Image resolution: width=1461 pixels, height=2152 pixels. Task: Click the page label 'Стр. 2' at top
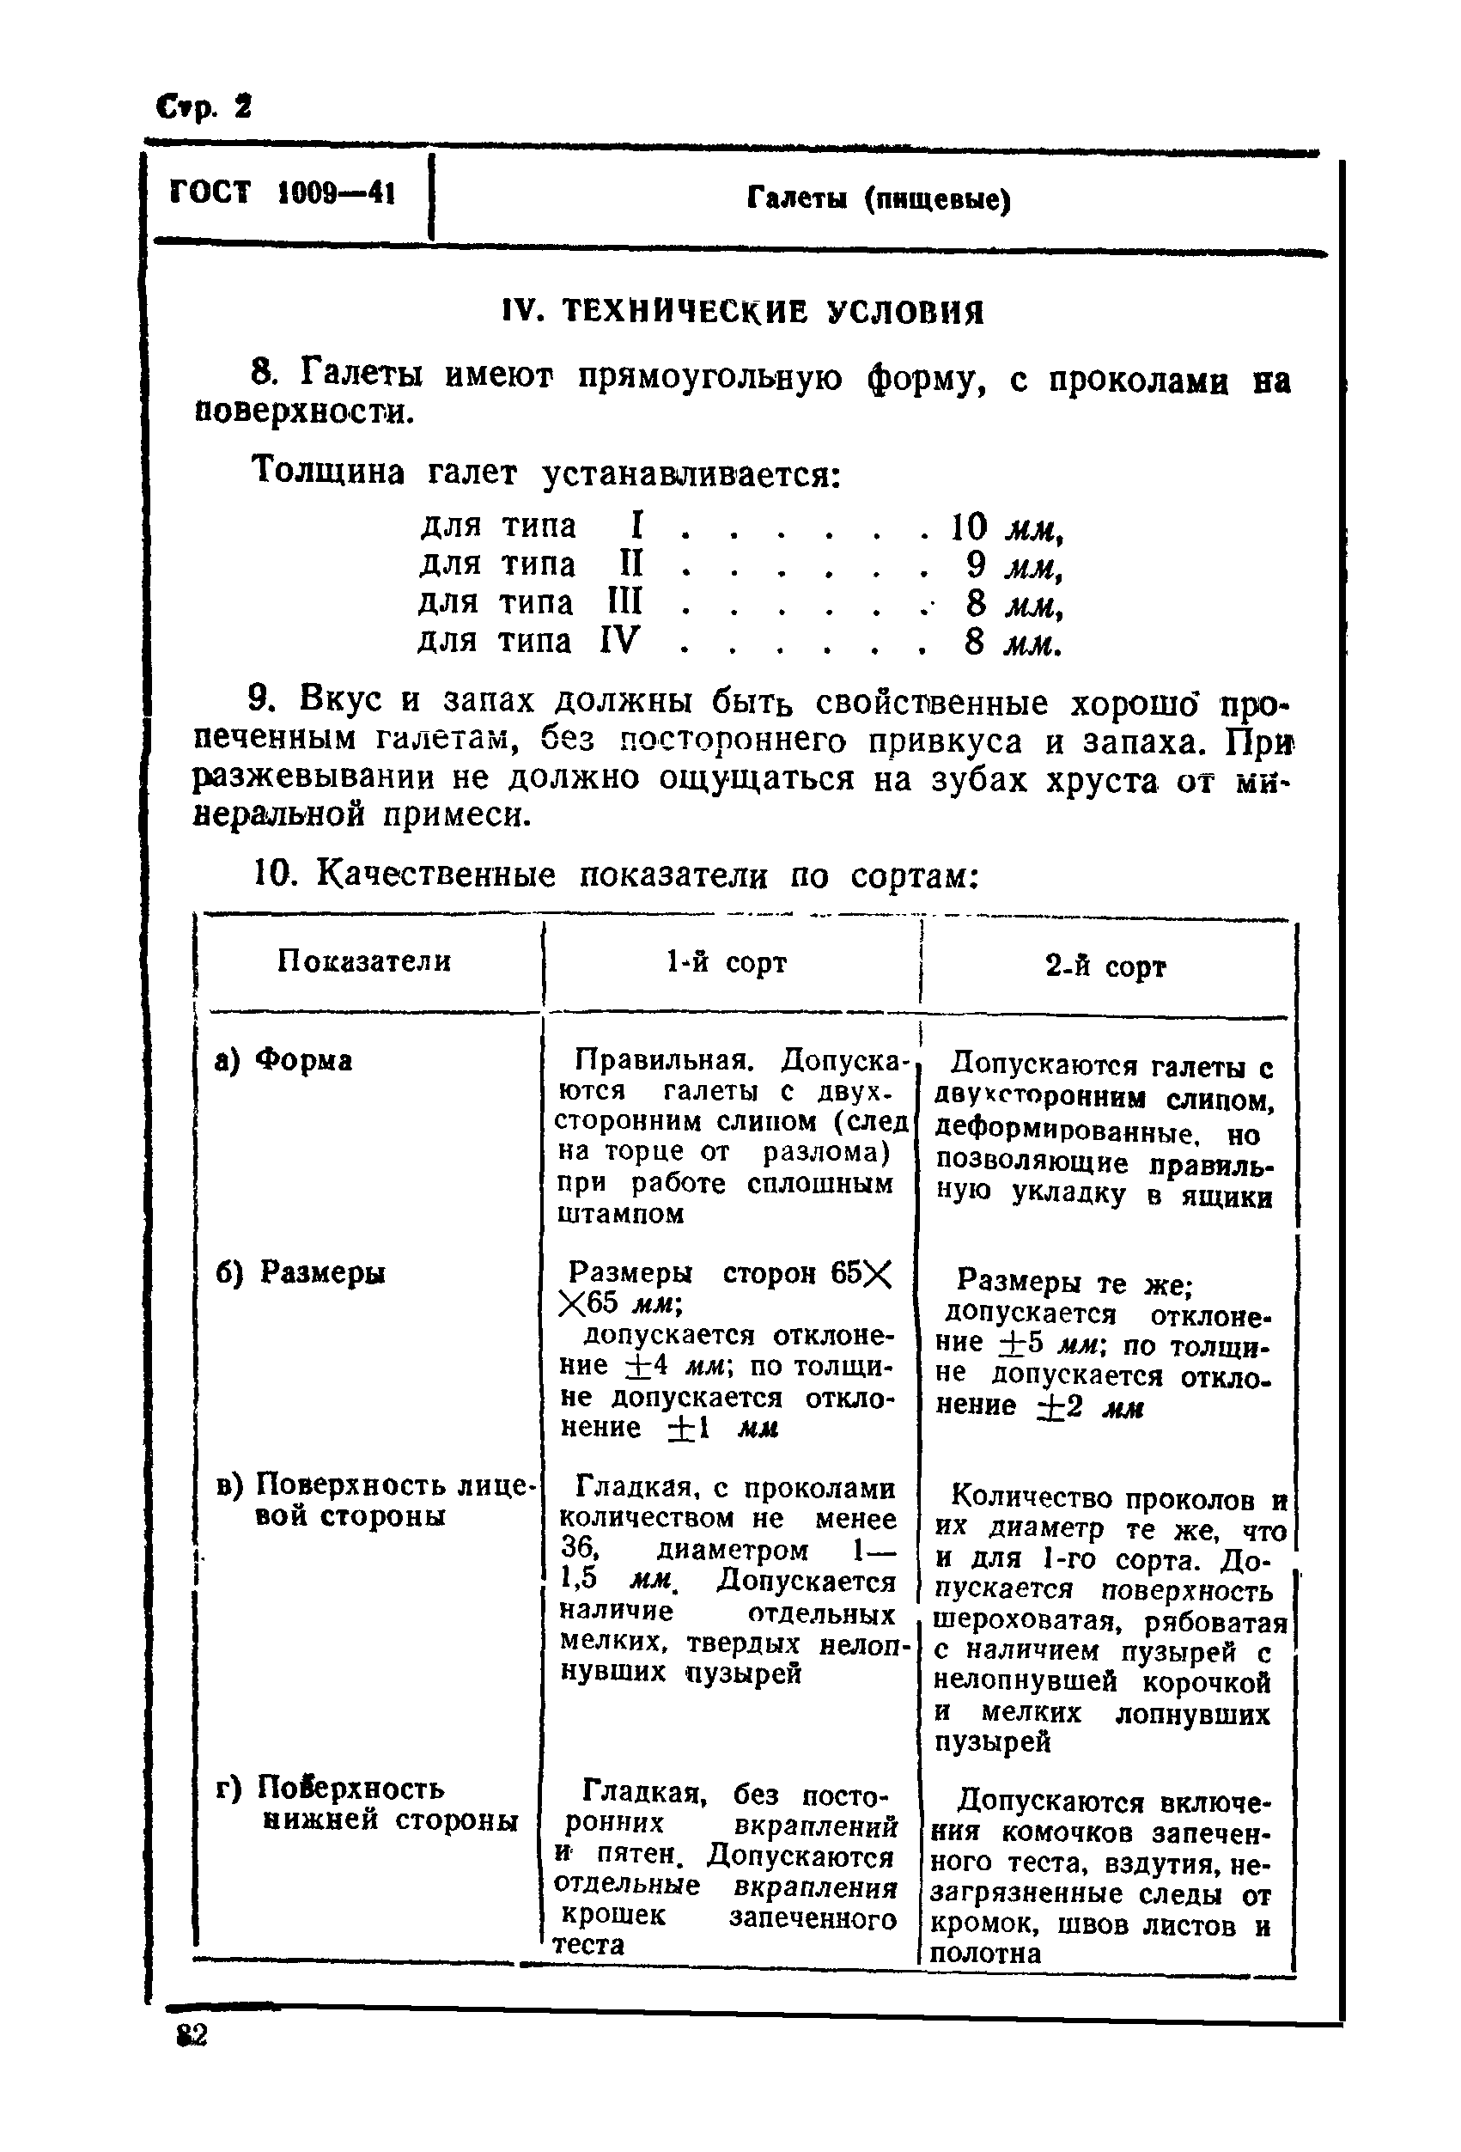(x=203, y=107)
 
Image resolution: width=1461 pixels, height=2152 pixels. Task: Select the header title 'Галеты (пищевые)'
(x=878, y=199)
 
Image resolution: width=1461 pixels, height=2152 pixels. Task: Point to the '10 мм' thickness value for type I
(x=1006, y=527)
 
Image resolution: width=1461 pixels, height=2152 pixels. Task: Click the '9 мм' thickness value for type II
(x=1013, y=566)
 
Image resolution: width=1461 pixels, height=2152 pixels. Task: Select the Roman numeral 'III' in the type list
(x=624, y=603)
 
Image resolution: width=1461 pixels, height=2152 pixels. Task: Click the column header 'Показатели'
(x=364, y=961)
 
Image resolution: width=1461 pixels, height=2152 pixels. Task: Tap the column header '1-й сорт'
(x=726, y=963)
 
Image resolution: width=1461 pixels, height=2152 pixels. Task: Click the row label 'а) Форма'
(x=283, y=1059)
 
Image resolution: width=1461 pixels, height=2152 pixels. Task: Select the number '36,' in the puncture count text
(x=581, y=1548)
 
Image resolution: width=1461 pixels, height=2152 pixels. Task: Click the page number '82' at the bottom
(x=191, y=2036)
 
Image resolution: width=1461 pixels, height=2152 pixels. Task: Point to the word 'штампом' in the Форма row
(x=620, y=1214)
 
